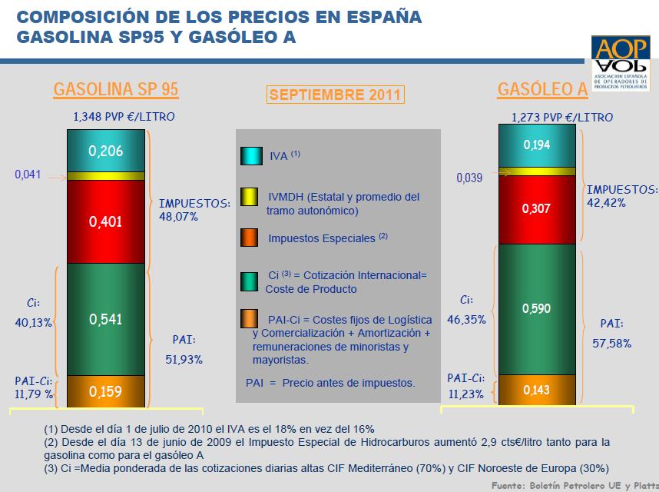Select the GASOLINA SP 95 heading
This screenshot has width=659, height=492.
pyautogui.click(x=116, y=89)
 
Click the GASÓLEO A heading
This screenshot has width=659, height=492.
pyautogui.click(x=542, y=89)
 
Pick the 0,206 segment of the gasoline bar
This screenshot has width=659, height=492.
pyautogui.click(x=105, y=151)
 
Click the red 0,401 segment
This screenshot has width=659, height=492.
pyautogui.click(x=105, y=221)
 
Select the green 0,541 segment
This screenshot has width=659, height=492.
pyautogui.click(x=105, y=319)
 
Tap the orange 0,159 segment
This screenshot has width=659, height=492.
pyautogui.click(x=105, y=391)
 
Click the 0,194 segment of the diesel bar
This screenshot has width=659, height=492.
pyautogui.click(x=537, y=145)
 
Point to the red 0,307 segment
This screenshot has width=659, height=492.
pyautogui.click(x=537, y=208)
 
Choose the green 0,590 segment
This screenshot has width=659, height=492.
pyautogui.click(x=537, y=308)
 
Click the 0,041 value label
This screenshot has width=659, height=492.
pyautogui.click(x=28, y=175)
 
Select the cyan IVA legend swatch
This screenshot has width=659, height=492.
pyautogui.click(x=251, y=155)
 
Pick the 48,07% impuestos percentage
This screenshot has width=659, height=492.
pyautogui.click(x=179, y=217)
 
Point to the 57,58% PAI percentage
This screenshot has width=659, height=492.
pyautogui.click(x=611, y=344)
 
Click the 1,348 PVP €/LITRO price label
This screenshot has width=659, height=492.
pyautogui.click(x=124, y=116)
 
